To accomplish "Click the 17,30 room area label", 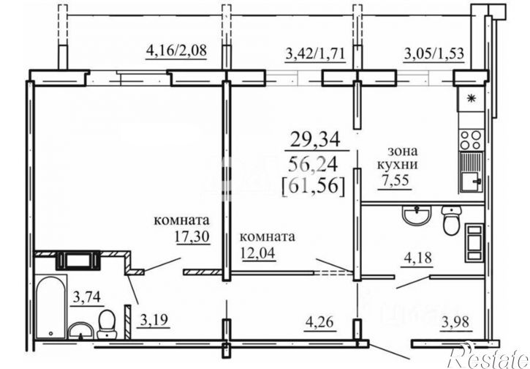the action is [x=192, y=236].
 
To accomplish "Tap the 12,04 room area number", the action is [x=258, y=252].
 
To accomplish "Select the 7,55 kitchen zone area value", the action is [x=395, y=180].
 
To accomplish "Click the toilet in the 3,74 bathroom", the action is [x=107, y=324].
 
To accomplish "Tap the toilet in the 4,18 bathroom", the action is [x=451, y=220].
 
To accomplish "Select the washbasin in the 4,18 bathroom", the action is [x=417, y=215].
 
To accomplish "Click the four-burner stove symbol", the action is [x=472, y=140].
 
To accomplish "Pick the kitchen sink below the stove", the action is [x=472, y=173].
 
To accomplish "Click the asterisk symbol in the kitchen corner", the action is [x=470, y=98].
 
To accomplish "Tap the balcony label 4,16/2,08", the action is [x=176, y=51].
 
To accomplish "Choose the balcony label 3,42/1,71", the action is [x=315, y=54].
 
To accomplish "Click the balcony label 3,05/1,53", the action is [x=434, y=54].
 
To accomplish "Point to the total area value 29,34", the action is [x=315, y=140].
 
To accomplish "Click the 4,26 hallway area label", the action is [x=319, y=321].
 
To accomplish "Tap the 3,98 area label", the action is [x=455, y=321].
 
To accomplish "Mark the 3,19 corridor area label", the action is [x=154, y=319].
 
